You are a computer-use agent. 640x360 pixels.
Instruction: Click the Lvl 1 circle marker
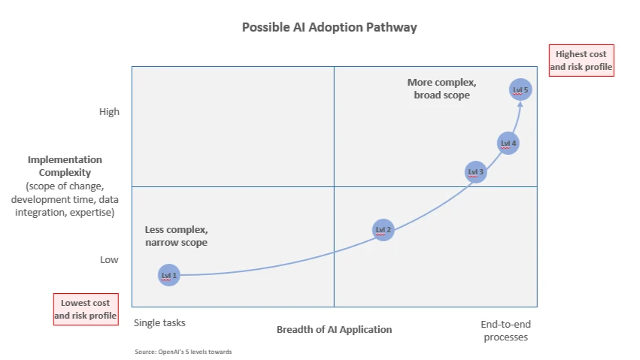click(169, 276)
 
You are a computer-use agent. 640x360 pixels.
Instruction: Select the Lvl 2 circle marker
click(384, 230)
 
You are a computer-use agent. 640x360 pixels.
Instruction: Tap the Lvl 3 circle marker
click(476, 172)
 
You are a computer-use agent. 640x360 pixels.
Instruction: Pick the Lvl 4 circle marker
click(508, 143)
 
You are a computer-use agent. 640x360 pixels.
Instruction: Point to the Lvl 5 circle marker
click(520, 90)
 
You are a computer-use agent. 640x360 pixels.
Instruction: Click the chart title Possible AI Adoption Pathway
click(329, 27)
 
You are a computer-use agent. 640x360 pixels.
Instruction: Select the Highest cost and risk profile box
click(581, 61)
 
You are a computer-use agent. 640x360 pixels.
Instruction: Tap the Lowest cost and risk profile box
click(86, 310)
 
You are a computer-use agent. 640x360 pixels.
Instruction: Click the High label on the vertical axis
click(109, 112)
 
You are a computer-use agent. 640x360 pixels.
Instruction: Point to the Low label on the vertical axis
click(109, 260)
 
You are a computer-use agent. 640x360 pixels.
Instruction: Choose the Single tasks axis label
click(159, 323)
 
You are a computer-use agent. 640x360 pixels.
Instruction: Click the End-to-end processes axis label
click(505, 331)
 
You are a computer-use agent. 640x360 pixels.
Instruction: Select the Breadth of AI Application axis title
click(334, 329)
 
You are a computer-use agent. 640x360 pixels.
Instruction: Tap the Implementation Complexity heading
click(65, 166)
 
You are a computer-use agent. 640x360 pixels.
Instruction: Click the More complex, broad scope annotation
click(441, 89)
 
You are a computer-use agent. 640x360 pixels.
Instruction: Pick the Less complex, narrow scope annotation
click(176, 236)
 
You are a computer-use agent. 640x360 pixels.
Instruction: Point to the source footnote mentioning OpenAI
click(184, 352)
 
